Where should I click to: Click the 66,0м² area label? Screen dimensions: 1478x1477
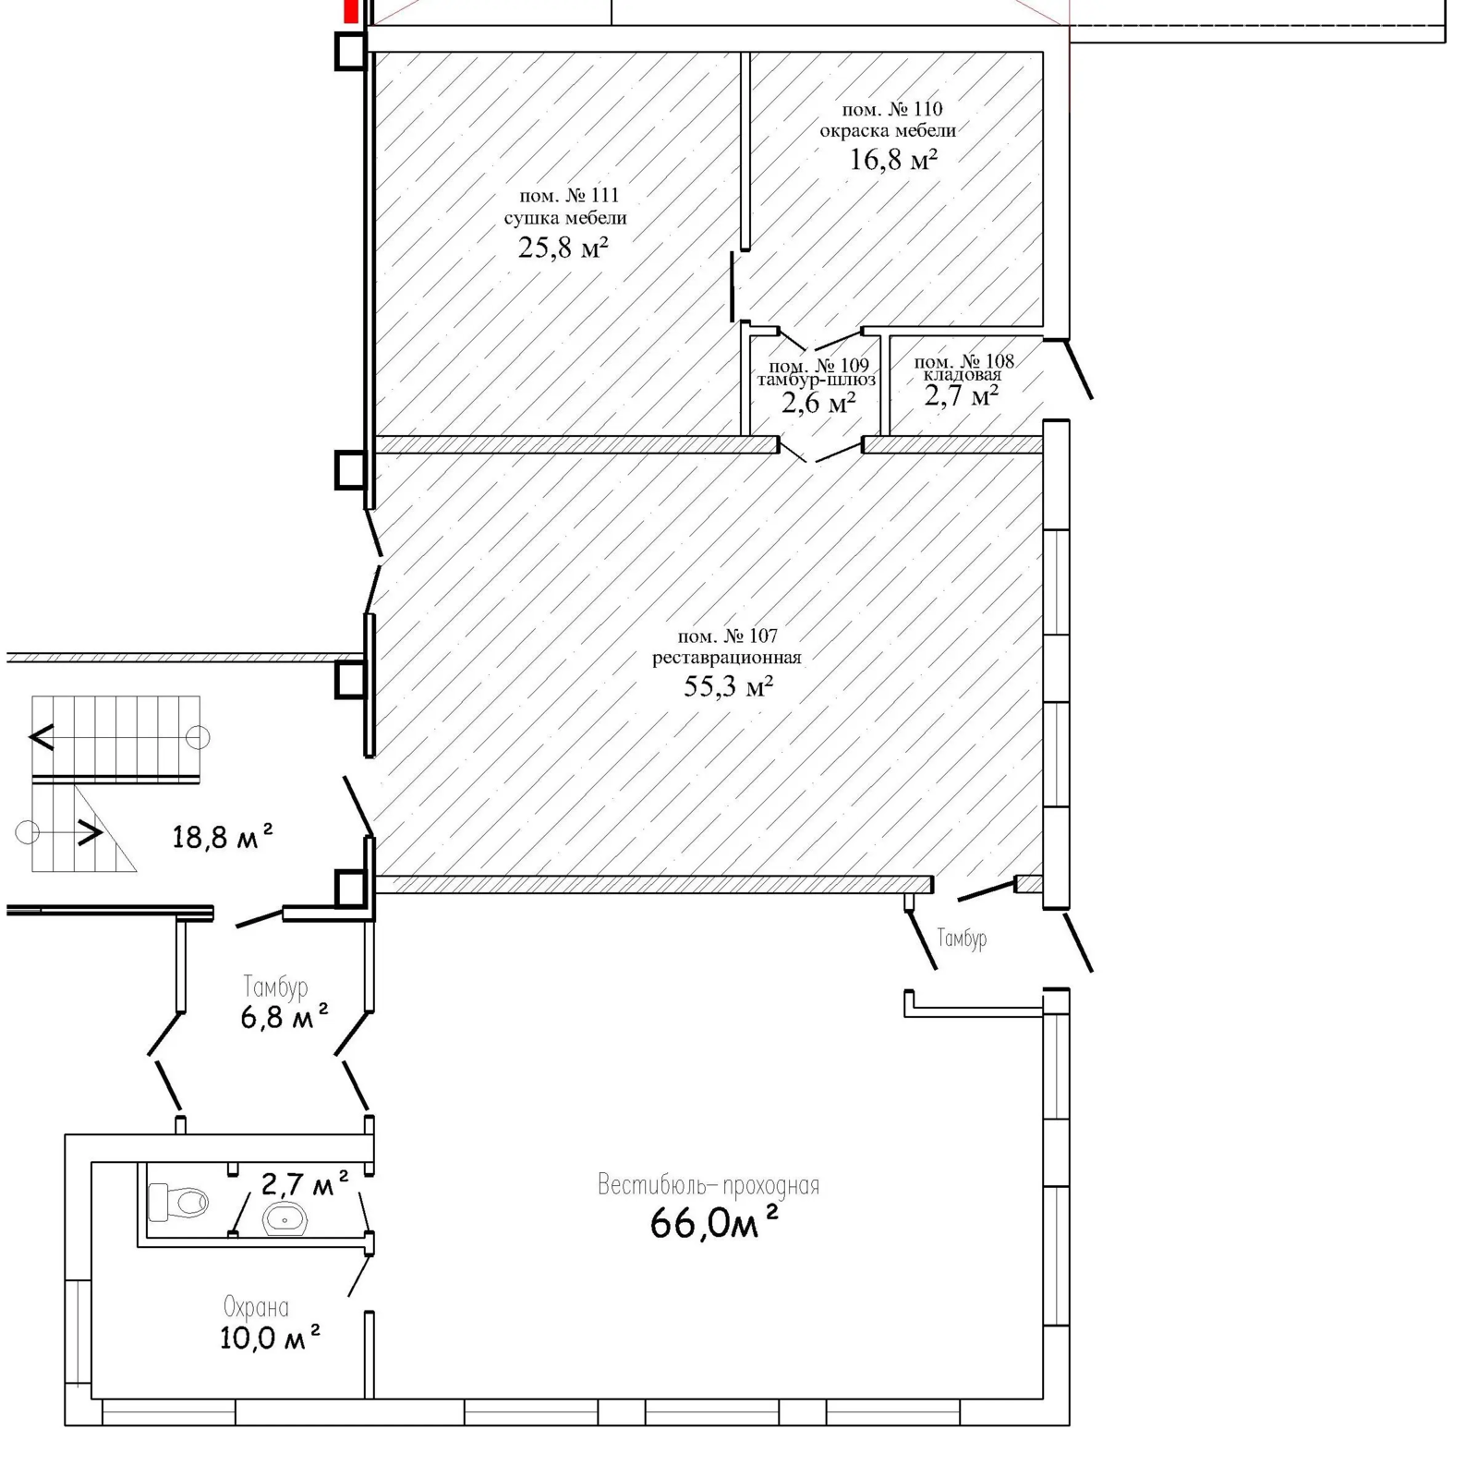click(x=714, y=1223)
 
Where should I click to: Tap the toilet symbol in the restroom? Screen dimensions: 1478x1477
click(x=178, y=1202)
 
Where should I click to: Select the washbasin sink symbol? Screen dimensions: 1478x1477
click(x=285, y=1219)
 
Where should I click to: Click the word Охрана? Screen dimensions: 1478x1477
click(x=256, y=1307)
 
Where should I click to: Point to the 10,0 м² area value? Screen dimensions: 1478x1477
click(x=270, y=1337)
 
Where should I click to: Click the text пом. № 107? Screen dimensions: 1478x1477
click(x=727, y=636)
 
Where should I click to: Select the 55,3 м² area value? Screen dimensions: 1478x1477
click(x=728, y=685)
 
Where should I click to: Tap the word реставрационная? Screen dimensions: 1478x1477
click(x=727, y=658)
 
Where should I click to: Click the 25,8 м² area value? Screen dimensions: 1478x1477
click(x=563, y=247)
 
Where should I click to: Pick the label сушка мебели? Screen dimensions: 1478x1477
click(x=565, y=218)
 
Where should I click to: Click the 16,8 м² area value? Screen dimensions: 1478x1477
click(x=893, y=159)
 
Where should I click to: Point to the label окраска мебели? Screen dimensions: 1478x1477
click(x=888, y=130)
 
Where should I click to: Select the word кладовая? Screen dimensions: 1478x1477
click(x=963, y=375)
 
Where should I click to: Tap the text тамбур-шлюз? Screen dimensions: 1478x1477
click(x=817, y=380)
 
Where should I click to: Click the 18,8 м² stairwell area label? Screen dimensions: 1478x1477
click(x=223, y=836)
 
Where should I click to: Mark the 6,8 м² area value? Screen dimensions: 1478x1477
click(x=285, y=1017)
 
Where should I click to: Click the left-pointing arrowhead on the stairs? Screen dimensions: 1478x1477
click(x=42, y=737)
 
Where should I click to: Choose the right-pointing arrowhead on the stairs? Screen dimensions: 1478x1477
click(x=90, y=832)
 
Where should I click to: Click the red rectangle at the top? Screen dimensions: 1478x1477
click(x=351, y=11)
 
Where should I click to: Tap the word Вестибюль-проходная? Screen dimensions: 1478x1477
click(x=709, y=1184)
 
